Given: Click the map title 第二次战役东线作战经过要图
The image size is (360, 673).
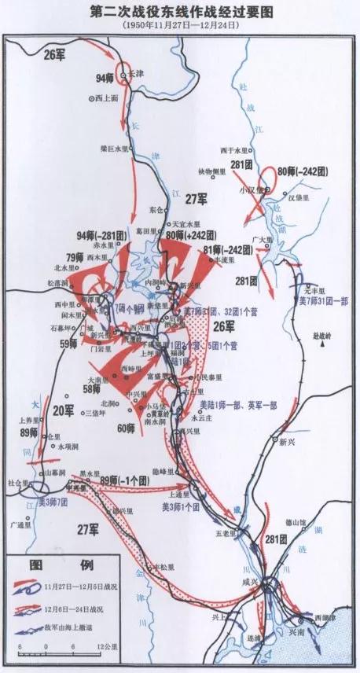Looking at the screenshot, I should (x=181, y=12).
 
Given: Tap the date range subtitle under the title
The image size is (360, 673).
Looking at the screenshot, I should (x=181, y=25).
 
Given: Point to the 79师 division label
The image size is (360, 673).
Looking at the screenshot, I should (x=75, y=256).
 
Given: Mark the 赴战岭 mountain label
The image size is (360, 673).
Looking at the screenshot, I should (x=323, y=334).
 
